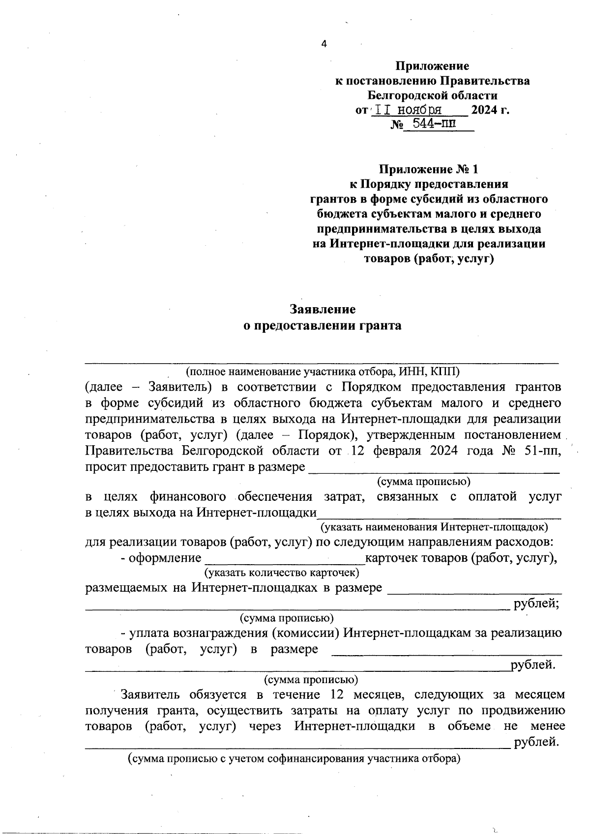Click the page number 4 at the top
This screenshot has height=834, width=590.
tap(324, 44)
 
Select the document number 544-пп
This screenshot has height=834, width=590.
tap(433, 124)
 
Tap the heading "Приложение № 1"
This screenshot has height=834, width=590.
tap(428, 170)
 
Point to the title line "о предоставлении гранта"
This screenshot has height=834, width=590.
tap(323, 325)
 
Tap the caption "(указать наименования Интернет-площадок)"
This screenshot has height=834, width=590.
tap(434, 527)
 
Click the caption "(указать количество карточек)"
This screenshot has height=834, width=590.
tap(282, 573)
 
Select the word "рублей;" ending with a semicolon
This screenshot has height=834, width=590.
tap(536, 604)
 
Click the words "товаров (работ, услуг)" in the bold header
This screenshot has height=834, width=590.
tap(428, 259)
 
